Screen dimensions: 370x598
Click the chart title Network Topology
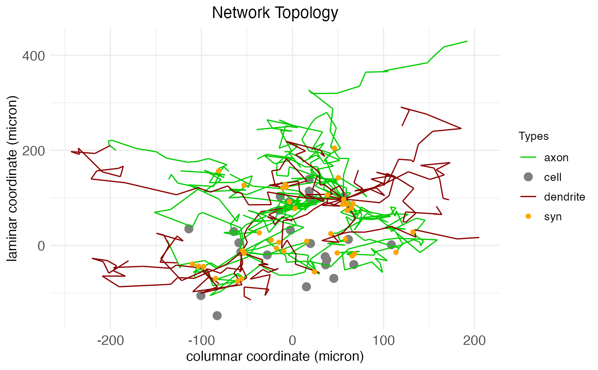pos(275,13)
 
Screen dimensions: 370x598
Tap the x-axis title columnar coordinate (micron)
pos(275,356)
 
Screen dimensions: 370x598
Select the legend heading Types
pos(534,136)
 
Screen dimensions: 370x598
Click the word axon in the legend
pos(556,157)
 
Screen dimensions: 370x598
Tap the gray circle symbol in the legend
pos(528,177)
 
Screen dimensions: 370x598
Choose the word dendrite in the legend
pos(564,197)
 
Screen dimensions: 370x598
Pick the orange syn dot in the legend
pos(528,216)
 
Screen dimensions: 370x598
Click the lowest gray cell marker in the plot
pos(217,315)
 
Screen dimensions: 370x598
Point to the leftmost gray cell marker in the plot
pos(189,229)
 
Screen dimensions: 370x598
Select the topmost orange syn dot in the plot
pos(334,148)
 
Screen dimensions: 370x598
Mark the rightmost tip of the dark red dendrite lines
pos(479,237)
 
